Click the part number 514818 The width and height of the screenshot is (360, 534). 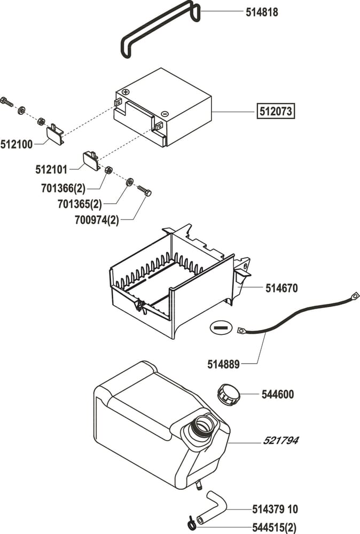pyautogui.click(x=262, y=12)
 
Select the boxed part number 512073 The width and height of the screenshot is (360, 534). pyautogui.click(x=276, y=112)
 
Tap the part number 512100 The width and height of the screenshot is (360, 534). pyautogui.click(x=17, y=144)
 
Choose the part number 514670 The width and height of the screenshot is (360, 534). pyautogui.click(x=281, y=288)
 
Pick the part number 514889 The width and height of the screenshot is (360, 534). pyautogui.click(x=223, y=364)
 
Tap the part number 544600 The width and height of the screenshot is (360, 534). pyautogui.click(x=278, y=395)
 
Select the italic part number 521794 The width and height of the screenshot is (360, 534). pyautogui.click(x=280, y=441)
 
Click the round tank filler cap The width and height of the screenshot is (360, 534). pyautogui.click(x=228, y=395)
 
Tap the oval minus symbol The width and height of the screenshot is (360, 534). pyautogui.click(x=220, y=327)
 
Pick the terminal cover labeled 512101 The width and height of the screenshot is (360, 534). pyautogui.click(x=91, y=160)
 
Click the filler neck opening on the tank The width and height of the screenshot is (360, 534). pyautogui.click(x=204, y=425)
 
